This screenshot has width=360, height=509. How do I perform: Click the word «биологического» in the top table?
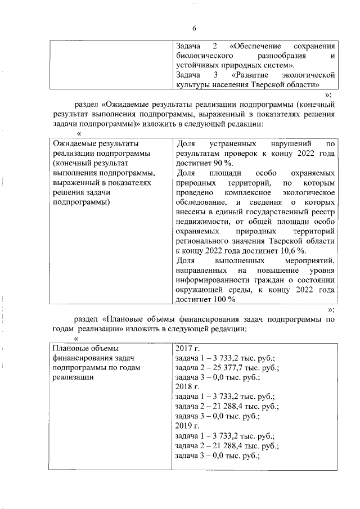204,56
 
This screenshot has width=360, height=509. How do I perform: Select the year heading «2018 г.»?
188,387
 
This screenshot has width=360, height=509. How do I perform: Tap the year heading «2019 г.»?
188,426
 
